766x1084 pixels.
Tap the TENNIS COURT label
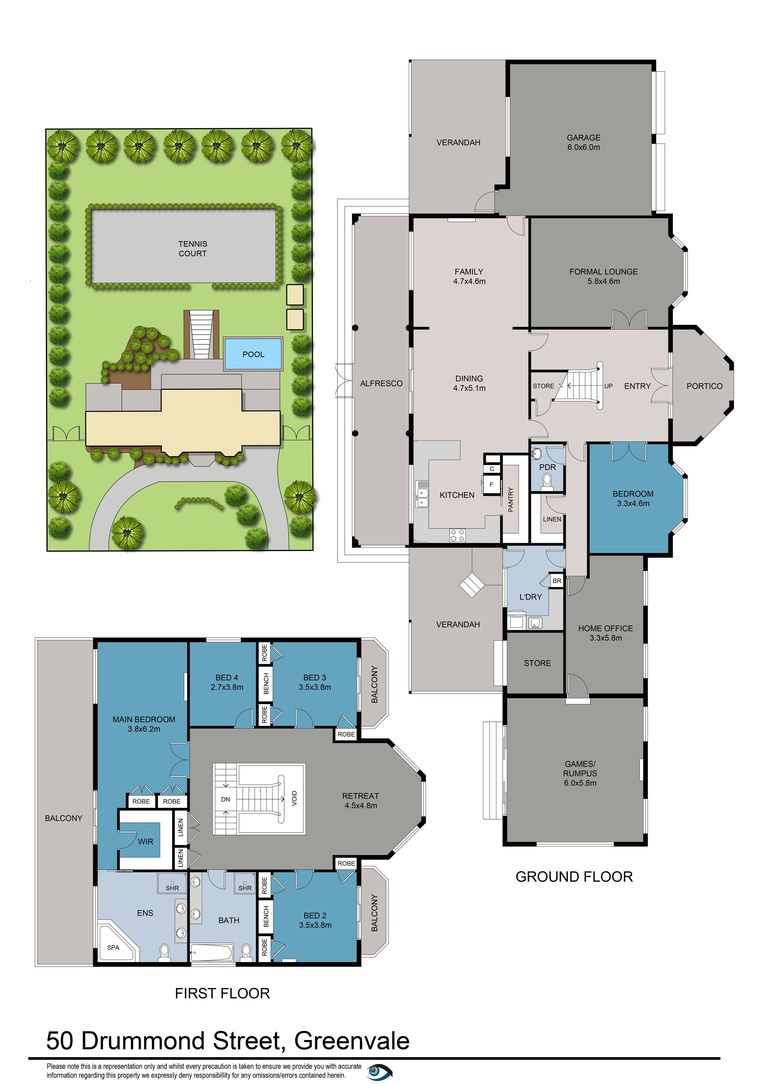click(193, 248)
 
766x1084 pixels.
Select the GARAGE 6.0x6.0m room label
click(583, 142)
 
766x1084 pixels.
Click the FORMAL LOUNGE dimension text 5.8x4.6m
click(604, 281)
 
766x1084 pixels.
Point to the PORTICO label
click(704, 386)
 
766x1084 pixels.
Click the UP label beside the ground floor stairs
click(608, 386)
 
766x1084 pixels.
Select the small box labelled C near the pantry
click(492, 469)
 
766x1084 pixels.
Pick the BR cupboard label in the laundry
click(557, 581)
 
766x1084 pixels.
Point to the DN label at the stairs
click(226, 799)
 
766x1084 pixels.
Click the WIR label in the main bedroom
click(145, 841)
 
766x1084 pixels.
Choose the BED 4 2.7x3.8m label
click(227, 682)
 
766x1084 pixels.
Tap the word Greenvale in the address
click(352, 1041)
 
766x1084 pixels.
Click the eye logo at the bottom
click(379, 1072)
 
